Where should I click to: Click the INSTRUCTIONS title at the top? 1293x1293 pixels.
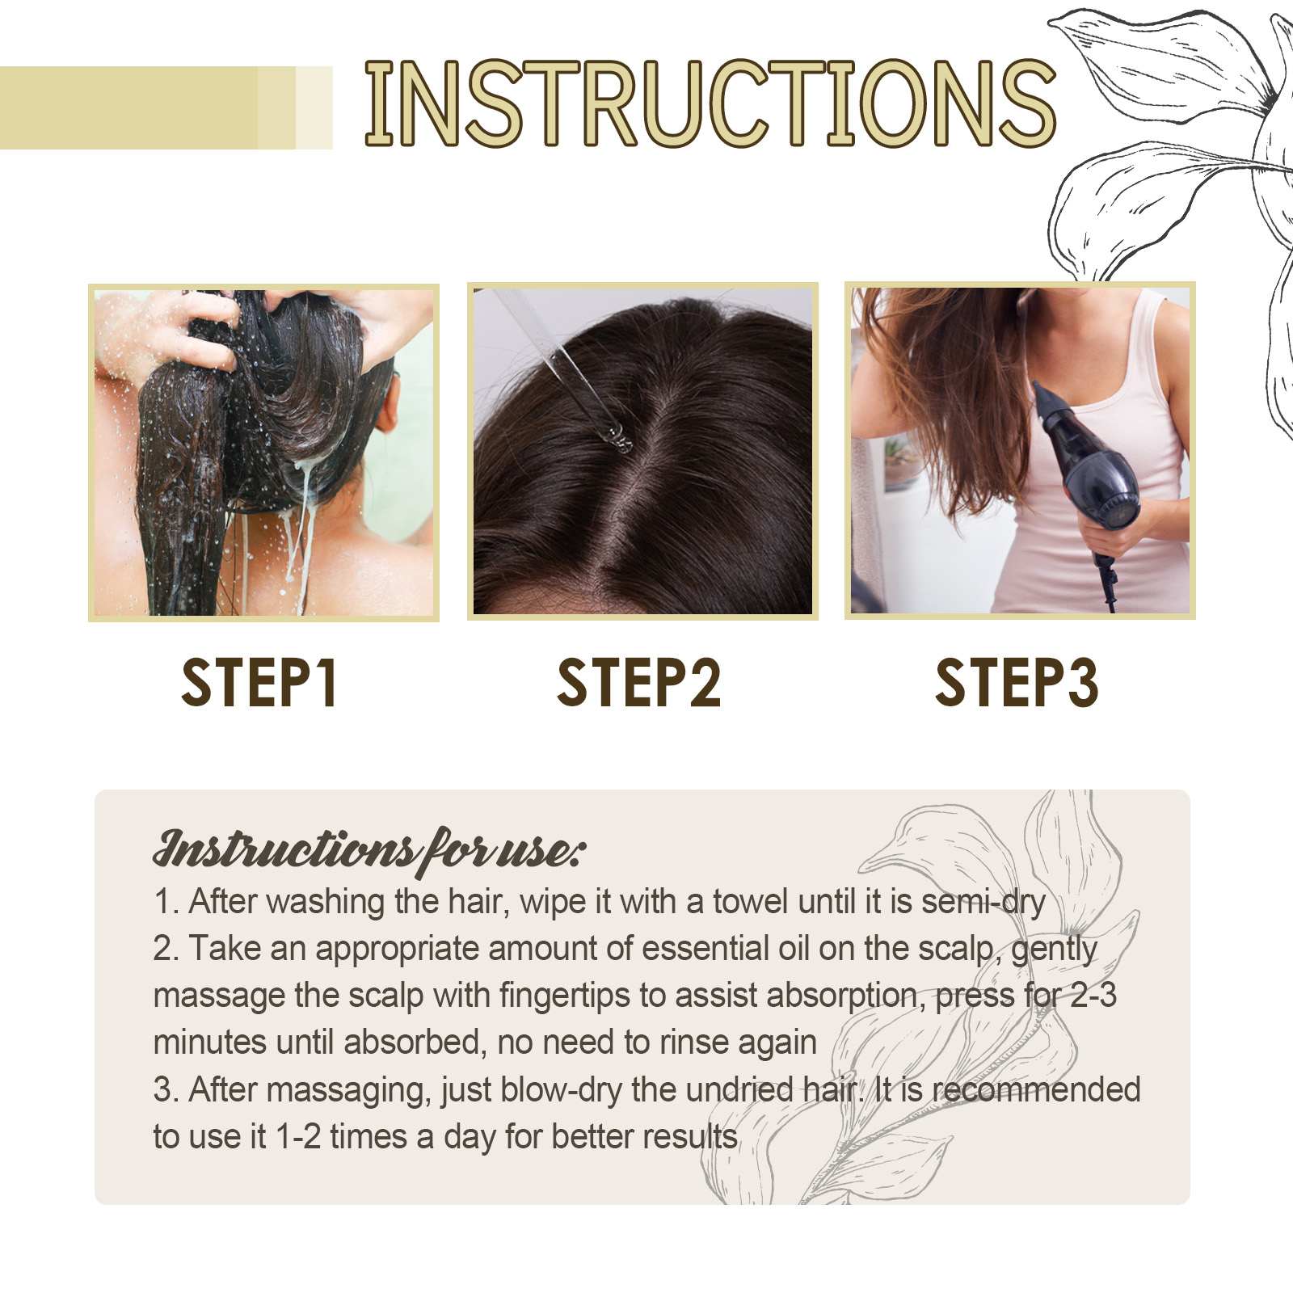(710, 103)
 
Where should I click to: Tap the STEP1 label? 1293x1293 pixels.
(259, 683)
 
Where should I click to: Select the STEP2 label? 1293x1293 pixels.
(638, 683)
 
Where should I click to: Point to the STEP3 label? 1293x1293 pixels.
(1017, 683)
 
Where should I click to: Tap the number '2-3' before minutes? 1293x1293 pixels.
(1093, 996)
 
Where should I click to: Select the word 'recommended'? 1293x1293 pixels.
(1036, 1090)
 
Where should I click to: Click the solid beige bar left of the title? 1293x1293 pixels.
(129, 107)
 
